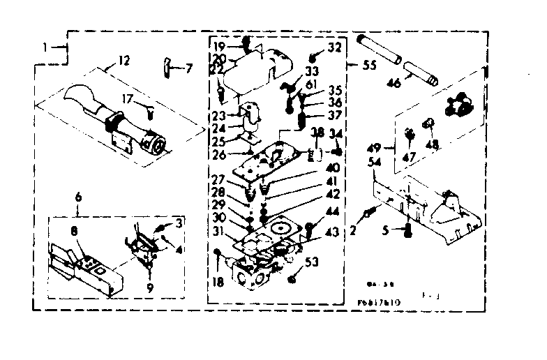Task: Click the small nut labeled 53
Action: coord(293,278)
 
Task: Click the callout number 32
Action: coord(335,47)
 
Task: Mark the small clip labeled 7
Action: coord(167,67)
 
